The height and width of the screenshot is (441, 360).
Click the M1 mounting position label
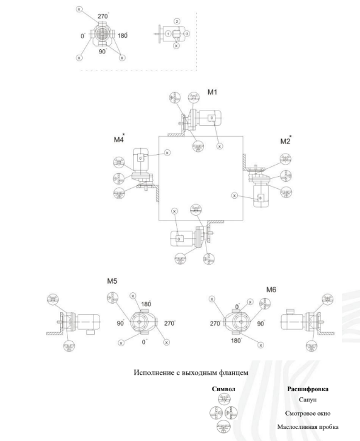pos(213,92)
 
